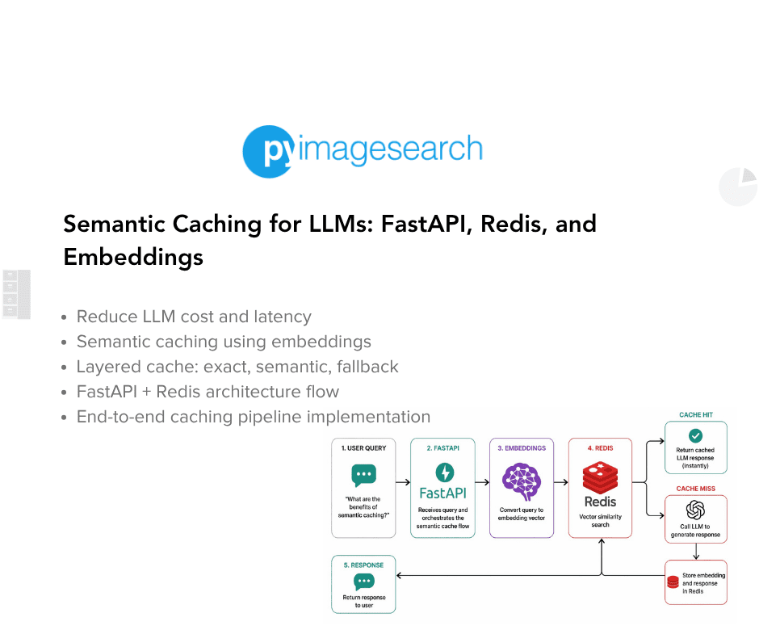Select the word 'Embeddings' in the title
(x=133, y=257)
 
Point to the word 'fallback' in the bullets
(x=367, y=367)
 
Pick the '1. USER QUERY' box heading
(x=363, y=447)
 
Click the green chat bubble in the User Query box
(x=363, y=475)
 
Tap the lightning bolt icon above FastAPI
(x=443, y=472)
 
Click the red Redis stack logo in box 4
(x=600, y=477)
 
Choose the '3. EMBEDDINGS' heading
(x=522, y=447)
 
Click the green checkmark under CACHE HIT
(x=695, y=435)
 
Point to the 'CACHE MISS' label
(x=695, y=489)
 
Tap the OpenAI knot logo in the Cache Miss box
(x=695, y=510)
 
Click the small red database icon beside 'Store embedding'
(x=673, y=582)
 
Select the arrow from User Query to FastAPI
(x=403, y=482)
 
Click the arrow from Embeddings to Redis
(x=560, y=482)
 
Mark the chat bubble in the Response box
(x=363, y=582)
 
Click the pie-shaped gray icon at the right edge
(x=738, y=187)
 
